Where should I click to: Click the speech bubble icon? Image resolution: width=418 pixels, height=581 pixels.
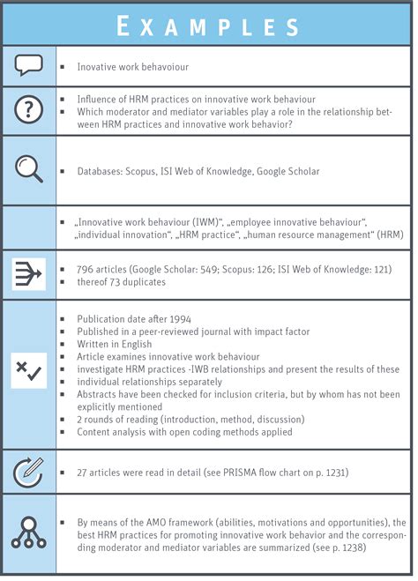[29, 64]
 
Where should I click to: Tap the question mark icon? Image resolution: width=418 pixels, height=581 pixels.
[29, 108]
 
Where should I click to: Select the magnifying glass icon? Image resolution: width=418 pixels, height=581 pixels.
[29, 170]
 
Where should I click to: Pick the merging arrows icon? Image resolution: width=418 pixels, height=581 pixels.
[29, 273]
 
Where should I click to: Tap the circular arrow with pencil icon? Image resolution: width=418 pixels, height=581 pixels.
[29, 472]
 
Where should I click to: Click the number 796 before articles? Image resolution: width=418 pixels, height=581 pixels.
[86, 268]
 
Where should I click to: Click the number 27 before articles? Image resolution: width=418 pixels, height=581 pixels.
[82, 473]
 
